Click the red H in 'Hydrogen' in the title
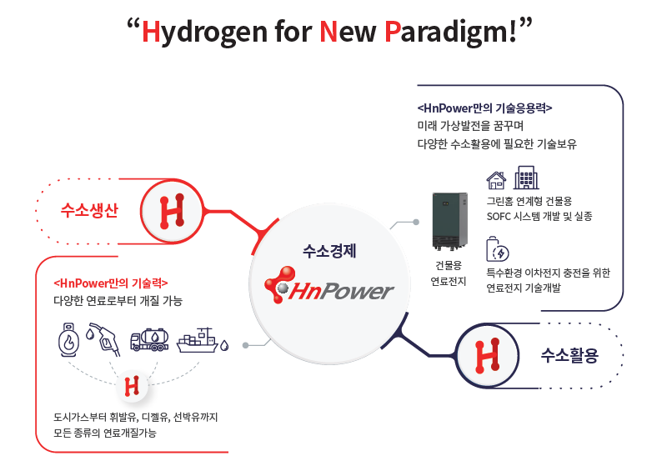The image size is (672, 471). pyautogui.click(x=151, y=33)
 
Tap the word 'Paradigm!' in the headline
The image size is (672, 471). pyautogui.click(x=454, y=34)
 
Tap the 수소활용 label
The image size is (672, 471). pyautogui.click(x=569, y=356)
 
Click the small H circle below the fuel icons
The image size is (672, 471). pyautogui.click(x=131, y=386)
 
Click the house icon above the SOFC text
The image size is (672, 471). pyautogui.click(x=496, y=179)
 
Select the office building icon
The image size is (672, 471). pyautogui.click(x=525, y=178)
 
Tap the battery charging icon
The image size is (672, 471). pyautogui.click(x=498, y=251)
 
